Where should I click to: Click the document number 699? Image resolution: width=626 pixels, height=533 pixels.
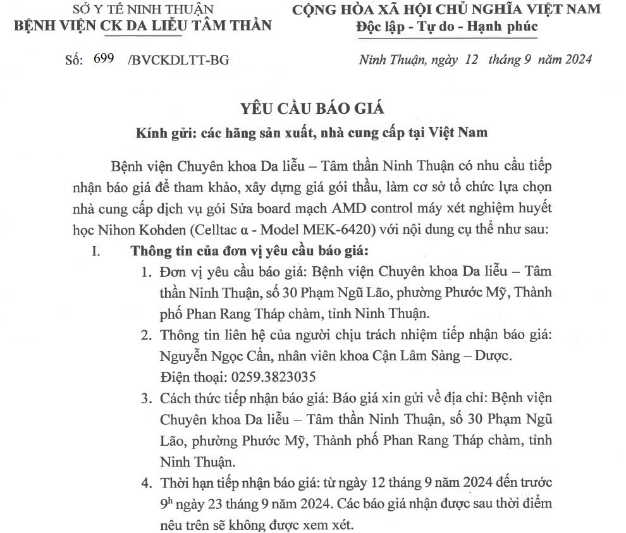pyautogui.click(x=103, y=59)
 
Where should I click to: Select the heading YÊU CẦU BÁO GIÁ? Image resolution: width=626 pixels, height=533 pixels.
pyautogui.click(x=312, y=107)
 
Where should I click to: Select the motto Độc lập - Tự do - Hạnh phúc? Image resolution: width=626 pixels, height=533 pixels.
pyautogui.click(x=446, y=27)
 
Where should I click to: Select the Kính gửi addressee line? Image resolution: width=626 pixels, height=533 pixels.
pyautogui.click(x=312, y=133)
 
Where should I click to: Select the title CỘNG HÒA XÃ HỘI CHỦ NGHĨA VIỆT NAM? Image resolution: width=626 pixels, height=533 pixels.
pyautogui.click(x=446, y=9)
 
